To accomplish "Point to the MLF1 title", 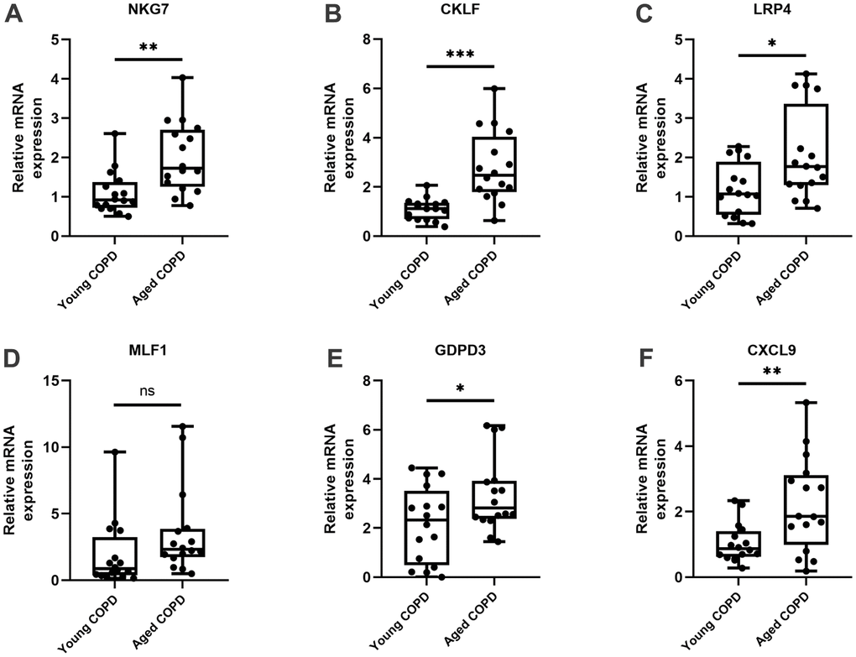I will tap(148, 355).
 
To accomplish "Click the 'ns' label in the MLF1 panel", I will tap(149, 389).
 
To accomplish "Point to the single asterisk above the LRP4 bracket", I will tap(772, 43).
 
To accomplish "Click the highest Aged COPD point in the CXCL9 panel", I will tap(806, 403).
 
